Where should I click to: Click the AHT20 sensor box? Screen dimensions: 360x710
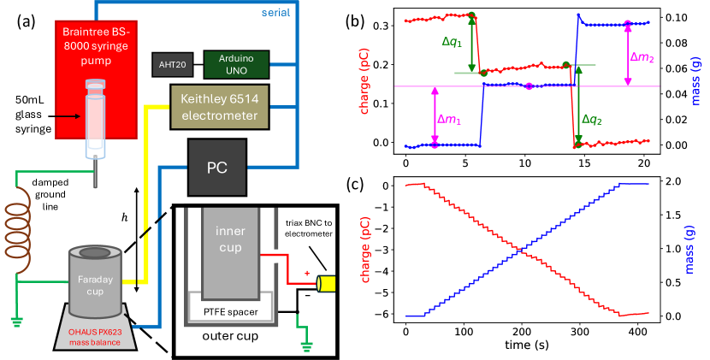173,63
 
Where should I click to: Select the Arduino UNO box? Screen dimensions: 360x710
236,63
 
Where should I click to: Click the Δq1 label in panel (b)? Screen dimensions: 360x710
449,42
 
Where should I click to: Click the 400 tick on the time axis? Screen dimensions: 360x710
636,332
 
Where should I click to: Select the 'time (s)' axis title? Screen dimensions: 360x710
525,345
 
